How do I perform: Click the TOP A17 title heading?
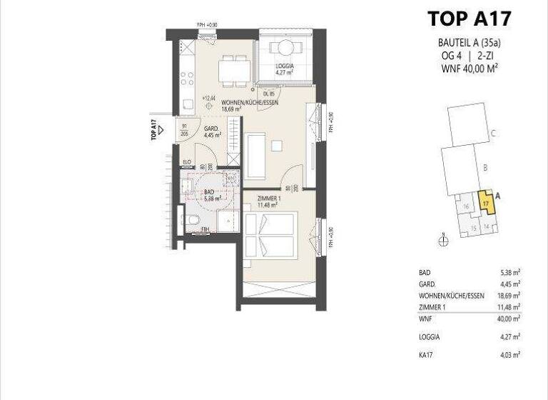(x=469, y=18)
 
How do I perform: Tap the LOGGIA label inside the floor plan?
(x=286, y=69)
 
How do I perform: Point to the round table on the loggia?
(x=285, y=49)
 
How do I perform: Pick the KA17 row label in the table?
(x=427, y=354)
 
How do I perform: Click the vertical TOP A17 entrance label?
(x=154, y=131)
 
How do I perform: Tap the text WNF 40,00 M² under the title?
(x=468, y=68)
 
